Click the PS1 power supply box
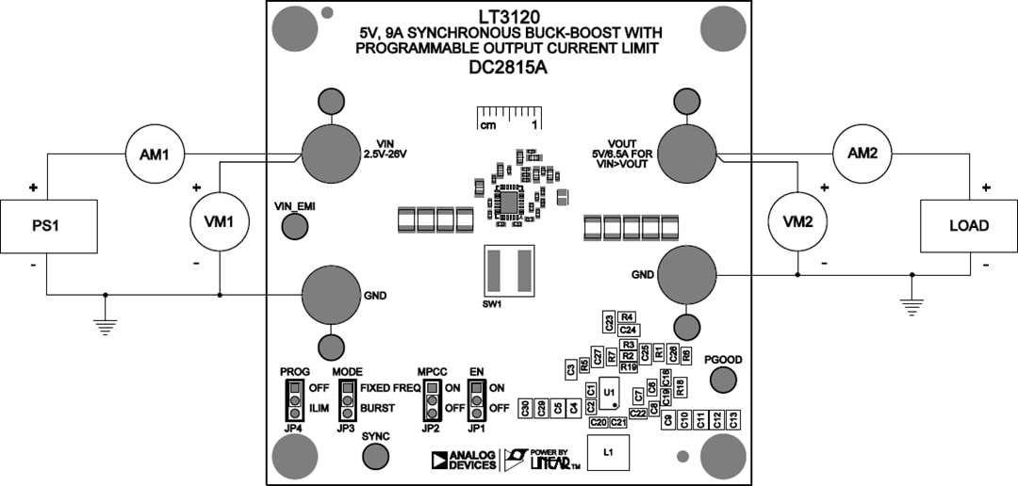49,226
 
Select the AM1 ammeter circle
154,154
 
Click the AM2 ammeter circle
862,154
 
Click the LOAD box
968,226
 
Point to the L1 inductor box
608,453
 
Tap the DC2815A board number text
508,68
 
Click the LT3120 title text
508,16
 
